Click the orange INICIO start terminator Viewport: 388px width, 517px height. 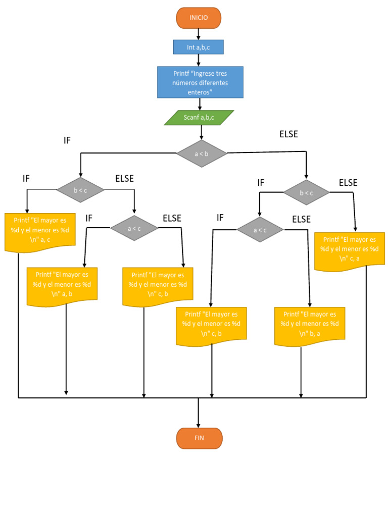199,18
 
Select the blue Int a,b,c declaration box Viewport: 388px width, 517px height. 198,47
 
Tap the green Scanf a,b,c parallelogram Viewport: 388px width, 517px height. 199,118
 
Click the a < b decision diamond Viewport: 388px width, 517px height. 202,153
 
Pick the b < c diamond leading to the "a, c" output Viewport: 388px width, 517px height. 80,190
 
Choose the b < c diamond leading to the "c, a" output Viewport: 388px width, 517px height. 307,192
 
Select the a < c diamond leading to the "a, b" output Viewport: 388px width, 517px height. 134,228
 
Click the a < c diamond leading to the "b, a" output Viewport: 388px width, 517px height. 260,230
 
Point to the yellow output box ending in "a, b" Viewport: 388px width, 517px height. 62,285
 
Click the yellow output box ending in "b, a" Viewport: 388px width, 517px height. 310,325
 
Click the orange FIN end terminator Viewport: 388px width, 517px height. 199,438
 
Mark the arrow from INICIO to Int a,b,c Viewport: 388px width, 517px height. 199,34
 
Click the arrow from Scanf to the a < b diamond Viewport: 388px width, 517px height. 202,132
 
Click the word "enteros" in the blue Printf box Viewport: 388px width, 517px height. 199,92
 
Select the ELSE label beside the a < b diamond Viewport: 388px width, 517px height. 288,134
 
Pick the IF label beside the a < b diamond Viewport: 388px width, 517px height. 67,140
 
